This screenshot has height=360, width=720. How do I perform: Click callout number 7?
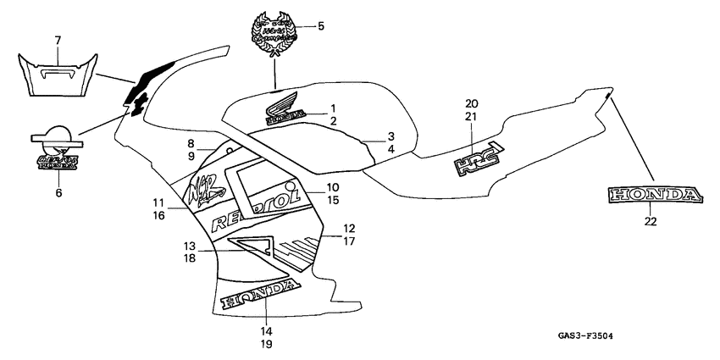[58, 41]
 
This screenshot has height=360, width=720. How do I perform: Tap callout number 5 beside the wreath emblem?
[321, 25]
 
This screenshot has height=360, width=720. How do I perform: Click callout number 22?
[651, 222]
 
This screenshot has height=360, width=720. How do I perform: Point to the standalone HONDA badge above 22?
[653, 196]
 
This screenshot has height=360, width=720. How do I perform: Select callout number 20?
[471, 103]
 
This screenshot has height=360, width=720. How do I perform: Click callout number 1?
[333, 108]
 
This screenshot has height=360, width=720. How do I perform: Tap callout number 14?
[266, 330]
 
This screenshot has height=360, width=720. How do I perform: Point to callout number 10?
[332, 187]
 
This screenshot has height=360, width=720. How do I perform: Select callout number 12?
[350, 228]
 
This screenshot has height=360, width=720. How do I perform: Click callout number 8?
[191, 144]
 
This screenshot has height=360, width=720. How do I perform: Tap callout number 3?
[391, 136]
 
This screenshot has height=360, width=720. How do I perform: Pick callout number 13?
[191, 245]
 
